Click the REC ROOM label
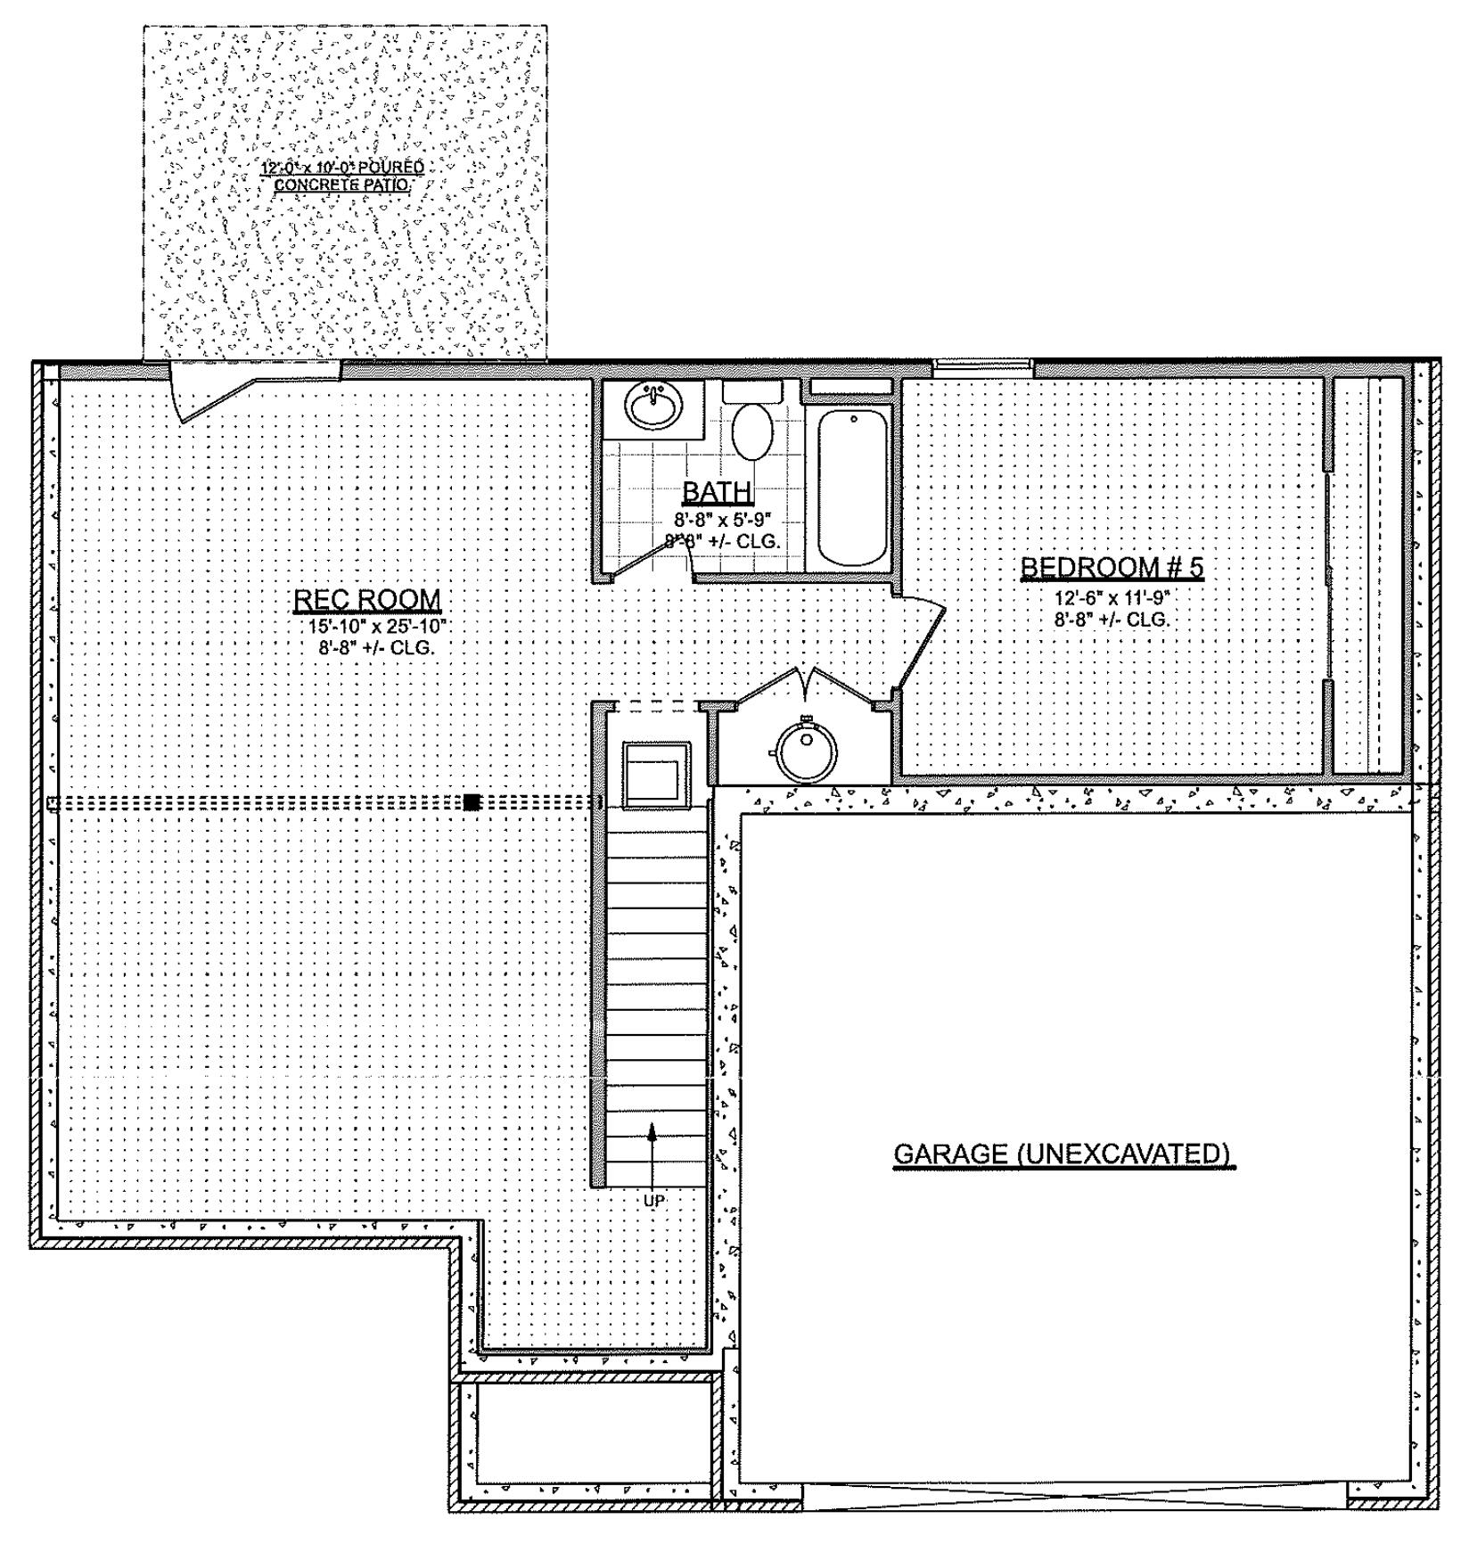click(x=367, y=600)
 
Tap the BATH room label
click(x=717, y=492)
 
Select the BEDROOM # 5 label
click(x=1112, y=568)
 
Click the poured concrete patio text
click(x=342, y=176)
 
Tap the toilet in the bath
click(x=753, y=430)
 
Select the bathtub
click(x=852, y=487)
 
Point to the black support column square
click(x=472, y=802)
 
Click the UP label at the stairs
click(x=653, y=1202)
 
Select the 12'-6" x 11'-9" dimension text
click(x=1112, y=597)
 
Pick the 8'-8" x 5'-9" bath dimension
click(x=722, y=519)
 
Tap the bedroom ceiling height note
click(x=1112, y=620)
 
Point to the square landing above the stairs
click(x=656, y=772)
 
